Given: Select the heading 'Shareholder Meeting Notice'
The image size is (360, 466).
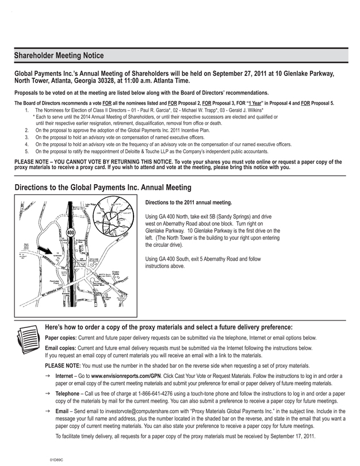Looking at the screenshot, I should click(59, 56).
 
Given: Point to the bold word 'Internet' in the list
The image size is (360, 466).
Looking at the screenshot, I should click(67, 376).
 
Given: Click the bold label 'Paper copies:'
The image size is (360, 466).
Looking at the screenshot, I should click(63, 338).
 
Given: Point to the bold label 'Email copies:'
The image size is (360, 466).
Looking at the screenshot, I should click(63, 349).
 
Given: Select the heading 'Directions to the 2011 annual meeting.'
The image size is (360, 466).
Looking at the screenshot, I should click(189, 203).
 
